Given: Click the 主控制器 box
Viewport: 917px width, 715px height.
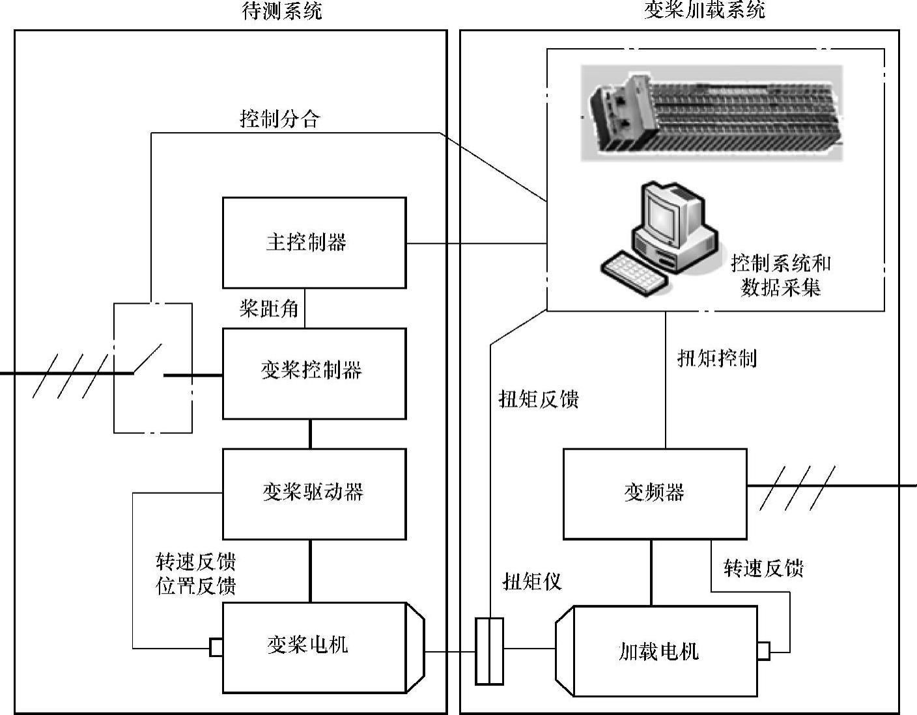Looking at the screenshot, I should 314,243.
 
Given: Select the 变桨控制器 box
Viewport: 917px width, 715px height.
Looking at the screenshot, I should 314,373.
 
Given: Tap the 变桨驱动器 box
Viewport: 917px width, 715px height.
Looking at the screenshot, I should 314,493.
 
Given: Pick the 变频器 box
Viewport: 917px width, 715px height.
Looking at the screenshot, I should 655,493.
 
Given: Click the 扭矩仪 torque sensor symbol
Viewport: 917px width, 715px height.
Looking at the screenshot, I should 489,651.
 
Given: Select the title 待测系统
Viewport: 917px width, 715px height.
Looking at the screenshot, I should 281,11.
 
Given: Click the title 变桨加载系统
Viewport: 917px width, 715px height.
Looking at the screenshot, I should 705,10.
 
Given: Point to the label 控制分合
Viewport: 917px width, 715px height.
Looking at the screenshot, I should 280,119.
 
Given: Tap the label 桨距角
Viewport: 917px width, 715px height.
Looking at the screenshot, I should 269,308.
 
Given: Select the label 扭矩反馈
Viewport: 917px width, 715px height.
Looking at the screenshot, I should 539,399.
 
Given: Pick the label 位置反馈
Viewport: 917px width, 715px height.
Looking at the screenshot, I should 196,586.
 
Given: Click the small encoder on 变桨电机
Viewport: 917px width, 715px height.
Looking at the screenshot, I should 216,648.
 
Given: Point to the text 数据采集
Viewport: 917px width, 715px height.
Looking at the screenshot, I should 780,287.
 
